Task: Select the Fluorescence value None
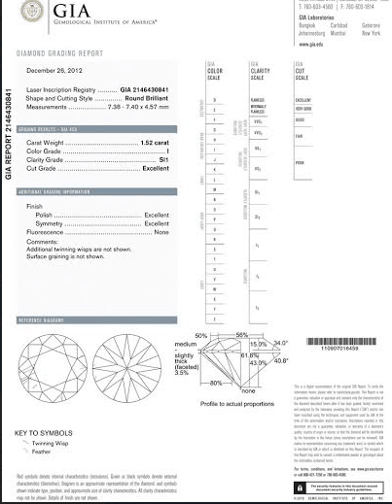pos(161,232)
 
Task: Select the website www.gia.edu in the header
pos(312,44)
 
